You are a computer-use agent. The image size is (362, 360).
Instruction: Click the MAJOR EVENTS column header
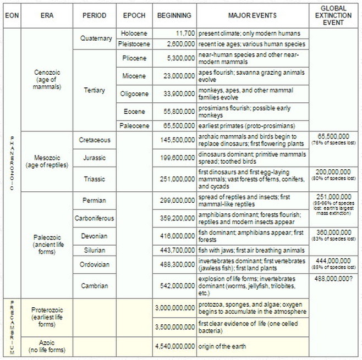pos(251,15)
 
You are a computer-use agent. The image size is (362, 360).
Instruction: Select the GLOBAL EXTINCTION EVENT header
pos(335,15)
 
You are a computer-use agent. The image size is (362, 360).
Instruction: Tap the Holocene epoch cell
pos(134,34)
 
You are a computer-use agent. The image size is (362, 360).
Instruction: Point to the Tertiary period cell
pos(94,90)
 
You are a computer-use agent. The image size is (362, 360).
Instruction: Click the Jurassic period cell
pos(94,158)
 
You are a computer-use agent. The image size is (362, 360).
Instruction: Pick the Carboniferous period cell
pos(94,218)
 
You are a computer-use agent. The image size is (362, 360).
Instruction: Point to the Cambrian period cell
pos(94,286)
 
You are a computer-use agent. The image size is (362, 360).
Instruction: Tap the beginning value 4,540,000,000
pos(174,346)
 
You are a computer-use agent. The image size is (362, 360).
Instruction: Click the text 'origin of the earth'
pos(223,346)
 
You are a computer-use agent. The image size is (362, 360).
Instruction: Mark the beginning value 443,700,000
pos(174,250)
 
